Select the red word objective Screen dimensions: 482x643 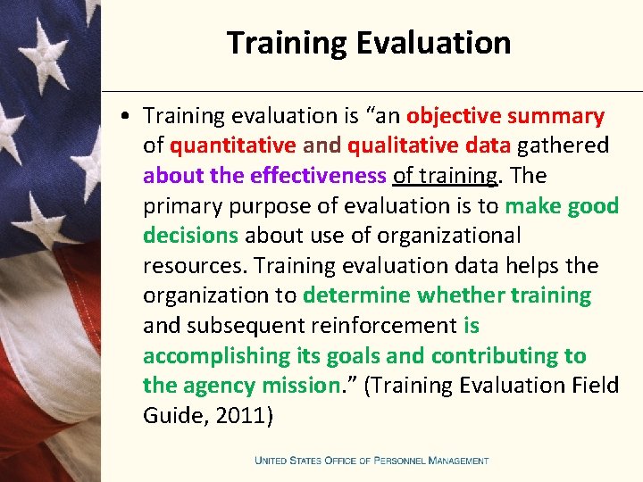tap(454, 116)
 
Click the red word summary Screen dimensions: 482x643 tap(555, 116)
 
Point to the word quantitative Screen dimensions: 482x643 tap(232, 146)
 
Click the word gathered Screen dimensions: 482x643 tap(563, 146)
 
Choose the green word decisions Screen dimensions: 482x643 tap(190, 236)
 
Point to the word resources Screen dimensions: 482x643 tap(196, 266)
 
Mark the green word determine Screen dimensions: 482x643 tap(357, 295)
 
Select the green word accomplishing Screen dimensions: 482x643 tap(215, 355)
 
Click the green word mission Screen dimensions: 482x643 tap(292, 386)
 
